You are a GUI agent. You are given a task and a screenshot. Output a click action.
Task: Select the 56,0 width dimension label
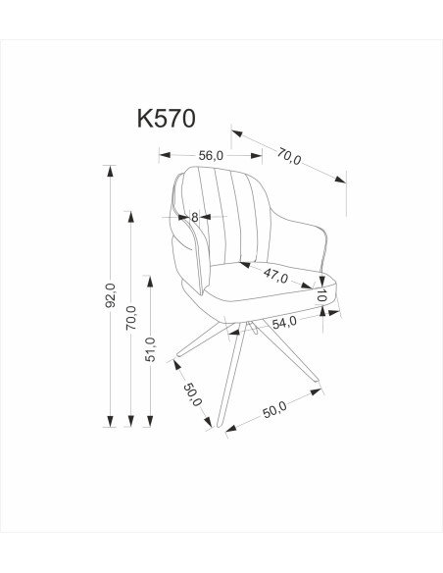click(211, 155)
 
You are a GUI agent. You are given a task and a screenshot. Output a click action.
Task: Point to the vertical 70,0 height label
click(130, 320)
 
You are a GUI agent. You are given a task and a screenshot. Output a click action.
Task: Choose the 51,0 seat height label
click(149, 350)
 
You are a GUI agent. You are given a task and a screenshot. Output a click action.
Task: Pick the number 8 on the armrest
click(195, 218)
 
